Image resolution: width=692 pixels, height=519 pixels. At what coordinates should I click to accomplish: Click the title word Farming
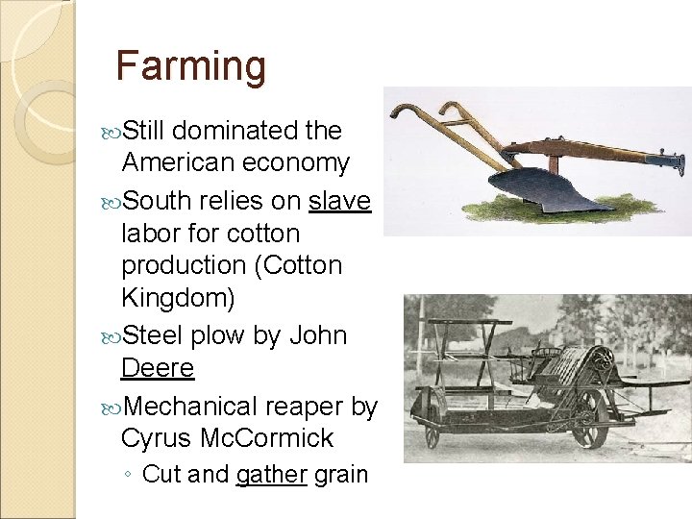[190, 66]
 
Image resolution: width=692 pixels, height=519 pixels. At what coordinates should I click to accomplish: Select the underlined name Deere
[158, 368]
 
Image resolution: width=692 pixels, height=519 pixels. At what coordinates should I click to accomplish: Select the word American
[177, 162]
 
